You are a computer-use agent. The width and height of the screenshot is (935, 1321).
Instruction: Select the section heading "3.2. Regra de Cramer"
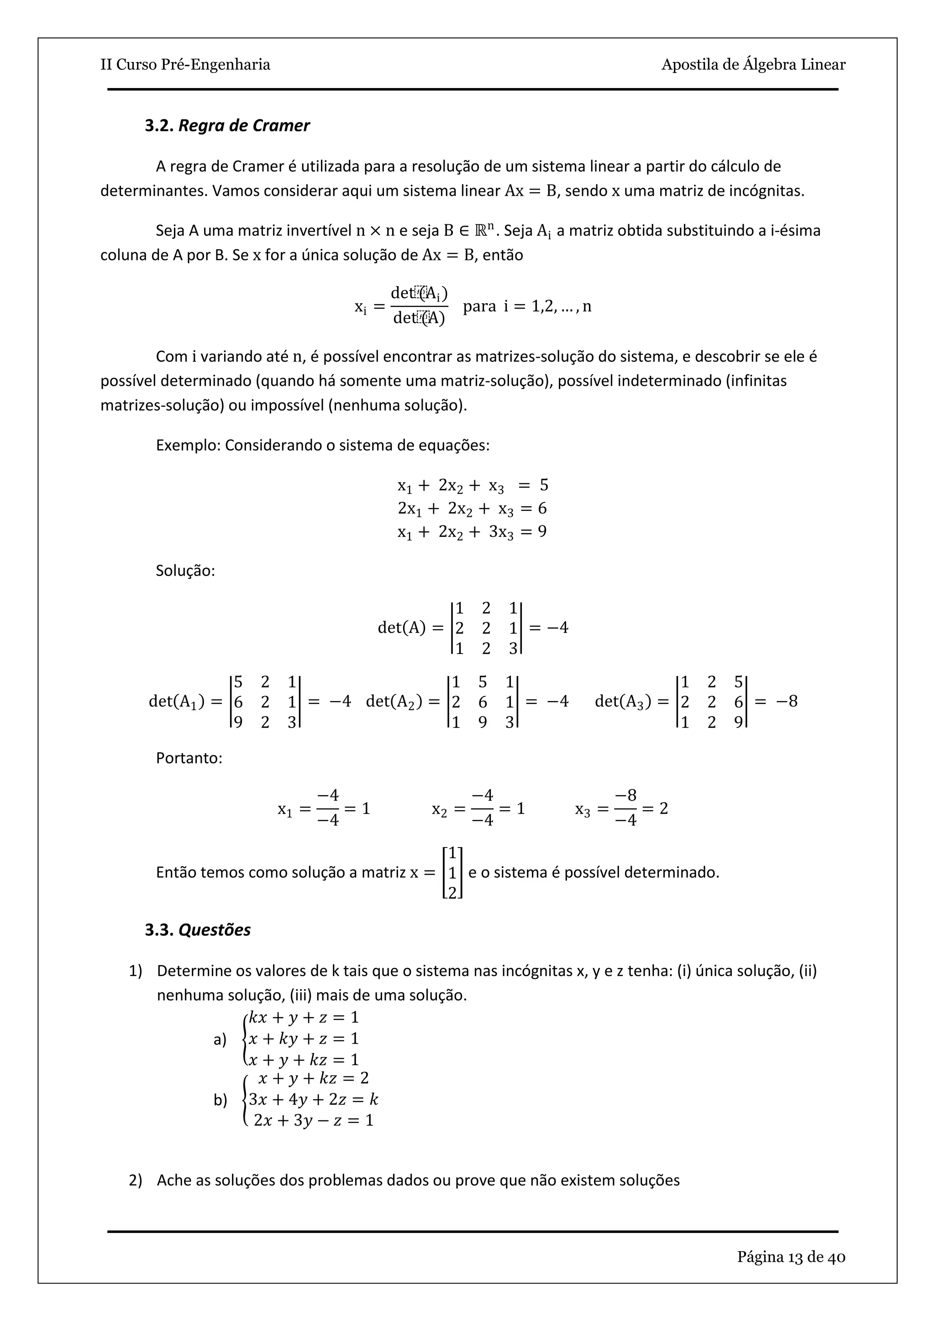pos(227,125)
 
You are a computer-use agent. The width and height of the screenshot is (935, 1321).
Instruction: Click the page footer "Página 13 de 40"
pos(791,1257)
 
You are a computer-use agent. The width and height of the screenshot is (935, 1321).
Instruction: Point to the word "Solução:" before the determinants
pos(185,571)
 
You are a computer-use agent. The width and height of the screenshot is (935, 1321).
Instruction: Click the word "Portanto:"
pos(189,758)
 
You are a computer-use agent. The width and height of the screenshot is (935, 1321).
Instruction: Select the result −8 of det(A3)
pos(787,702)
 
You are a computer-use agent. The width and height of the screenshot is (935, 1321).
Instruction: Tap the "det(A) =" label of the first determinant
pos(410,628)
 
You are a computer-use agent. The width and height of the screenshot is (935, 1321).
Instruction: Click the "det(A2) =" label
pos(402,702)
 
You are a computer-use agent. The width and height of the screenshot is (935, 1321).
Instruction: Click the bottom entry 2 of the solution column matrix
pos(452,892)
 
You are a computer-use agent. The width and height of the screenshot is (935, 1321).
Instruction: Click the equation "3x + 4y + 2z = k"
pos(313,1099)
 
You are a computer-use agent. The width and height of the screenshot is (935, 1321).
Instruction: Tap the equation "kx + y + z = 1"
pos(304,1017)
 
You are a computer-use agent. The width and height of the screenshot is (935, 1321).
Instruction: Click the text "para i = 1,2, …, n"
pos(527,306)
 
